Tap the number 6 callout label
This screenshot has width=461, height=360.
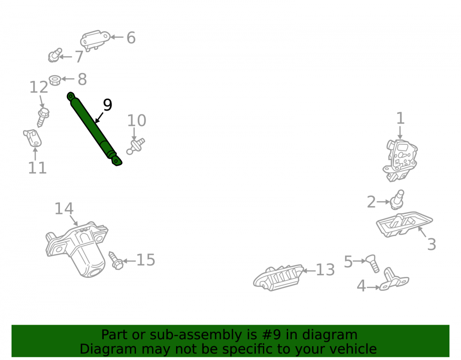pyautogui.click(x=131, y=38)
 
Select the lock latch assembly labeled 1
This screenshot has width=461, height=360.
pyautogui.click(x=400, y=160)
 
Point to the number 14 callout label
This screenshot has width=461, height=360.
pyautogui.click(x=64, y=209)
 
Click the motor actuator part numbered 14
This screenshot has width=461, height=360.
pyautogui.click(x=77, y=249)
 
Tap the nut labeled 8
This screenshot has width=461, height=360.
pyautogui.click(x=55, y=80)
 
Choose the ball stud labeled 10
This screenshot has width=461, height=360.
pyautogui.click(x=136, y=147)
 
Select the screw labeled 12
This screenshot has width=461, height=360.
pyautogui.click(x=43, y=117)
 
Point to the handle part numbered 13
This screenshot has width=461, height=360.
pyautogui.click(x=278, y=277)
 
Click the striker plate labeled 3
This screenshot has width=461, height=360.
pyautogui.click(x=404, y=224)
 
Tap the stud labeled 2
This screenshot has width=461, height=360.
pyautogui.click(x=397, y=200)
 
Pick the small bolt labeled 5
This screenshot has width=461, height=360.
pyautogui.click(x=372, y=264)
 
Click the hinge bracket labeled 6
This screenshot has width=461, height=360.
pyautogui.click(x=95, y=40)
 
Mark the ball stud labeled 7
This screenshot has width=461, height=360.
pyautogui.click(x=55, y=55)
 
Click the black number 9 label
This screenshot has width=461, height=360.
pyautogui.click(x=107, y=105)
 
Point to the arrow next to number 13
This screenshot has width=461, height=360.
pyautogui.click(x=309, y=271)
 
